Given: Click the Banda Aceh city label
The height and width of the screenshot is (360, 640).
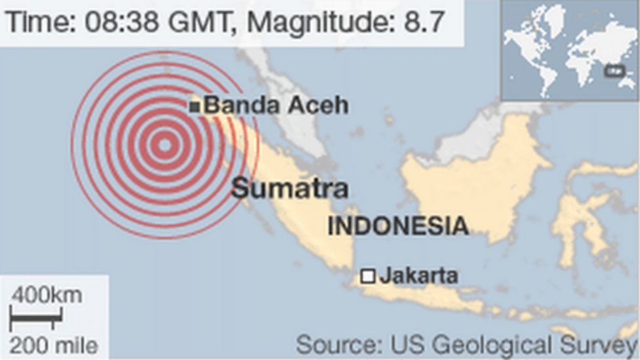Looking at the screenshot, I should (276, 105).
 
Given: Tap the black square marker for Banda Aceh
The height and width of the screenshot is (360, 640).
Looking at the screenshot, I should (194, 106).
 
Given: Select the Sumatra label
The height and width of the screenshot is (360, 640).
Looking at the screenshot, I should (289, 189).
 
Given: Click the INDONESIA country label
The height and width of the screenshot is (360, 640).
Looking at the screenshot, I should (398, 226).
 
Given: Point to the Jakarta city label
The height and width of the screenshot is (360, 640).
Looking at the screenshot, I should (418, 275).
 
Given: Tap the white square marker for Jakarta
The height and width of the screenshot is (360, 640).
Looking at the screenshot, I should (369, 276).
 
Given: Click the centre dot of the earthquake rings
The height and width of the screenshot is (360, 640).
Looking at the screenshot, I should (165, 145).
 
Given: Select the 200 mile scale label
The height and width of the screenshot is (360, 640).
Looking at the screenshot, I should (54, 345).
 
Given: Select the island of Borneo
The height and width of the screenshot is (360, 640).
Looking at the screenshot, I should (472, 177).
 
